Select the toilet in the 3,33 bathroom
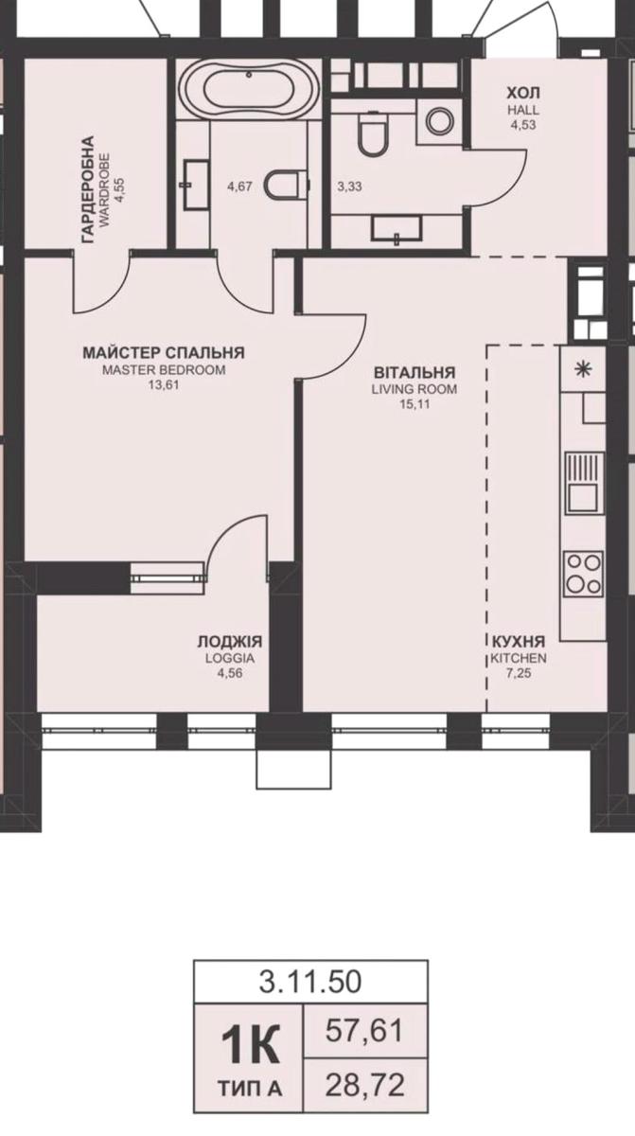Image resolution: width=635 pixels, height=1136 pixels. tap(373, 133)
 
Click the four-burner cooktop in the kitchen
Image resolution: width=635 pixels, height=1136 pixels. tap(584, 573)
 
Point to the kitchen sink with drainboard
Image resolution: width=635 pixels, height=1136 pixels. tap(584, 483)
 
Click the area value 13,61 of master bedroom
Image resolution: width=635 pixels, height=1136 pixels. tap(164, 385)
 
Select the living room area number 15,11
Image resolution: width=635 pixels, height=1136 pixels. tap(415, 404)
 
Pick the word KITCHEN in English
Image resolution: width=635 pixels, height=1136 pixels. tap(519, 658)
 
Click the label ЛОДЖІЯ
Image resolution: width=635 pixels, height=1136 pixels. tap(230, 642)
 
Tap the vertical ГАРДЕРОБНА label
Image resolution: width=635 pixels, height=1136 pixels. tap(88, 189)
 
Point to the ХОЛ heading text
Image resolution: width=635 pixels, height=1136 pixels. tap(523, 94)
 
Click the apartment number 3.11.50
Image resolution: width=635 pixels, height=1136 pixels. tap(310, 982)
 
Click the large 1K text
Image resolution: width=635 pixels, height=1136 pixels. tap(251, 1044)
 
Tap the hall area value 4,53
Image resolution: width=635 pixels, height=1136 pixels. tap(523, 125)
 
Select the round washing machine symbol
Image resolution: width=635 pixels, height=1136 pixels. tap(439, 121)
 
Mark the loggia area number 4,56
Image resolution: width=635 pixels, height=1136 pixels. tap(230, 673)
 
